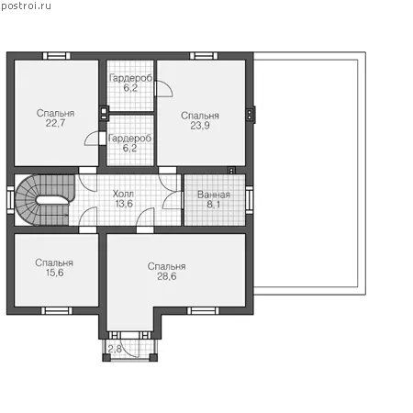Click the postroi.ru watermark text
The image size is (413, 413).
(x=26, y=6)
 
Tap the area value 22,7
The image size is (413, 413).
(x=55, y=123)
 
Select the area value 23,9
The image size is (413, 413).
(x=200, y=126)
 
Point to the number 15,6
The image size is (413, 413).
(x=55, y=273)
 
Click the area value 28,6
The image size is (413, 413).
(x=167, y=276)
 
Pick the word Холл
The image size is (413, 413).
(x=123, y=194)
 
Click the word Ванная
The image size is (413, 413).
(x=214, y=195)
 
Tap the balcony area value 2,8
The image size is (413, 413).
(x=115, y=349)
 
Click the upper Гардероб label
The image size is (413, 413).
(x=130, y=78)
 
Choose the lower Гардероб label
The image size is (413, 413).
(x=129, y=139)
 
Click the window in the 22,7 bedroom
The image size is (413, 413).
(x=56, y=56)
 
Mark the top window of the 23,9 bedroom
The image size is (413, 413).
(x=204, y=56)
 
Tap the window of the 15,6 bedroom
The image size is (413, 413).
(x=57, y=311)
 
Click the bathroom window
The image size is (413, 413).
(x=250, y=200)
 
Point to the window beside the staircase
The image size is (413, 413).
(x=10, y=200)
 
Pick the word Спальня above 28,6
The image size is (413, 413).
(x=167, y=266)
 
